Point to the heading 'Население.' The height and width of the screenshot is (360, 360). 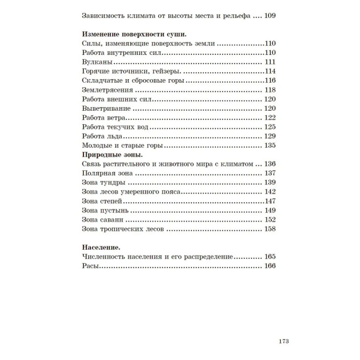tap(101, 247)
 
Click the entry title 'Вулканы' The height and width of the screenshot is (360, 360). tap(97, 62)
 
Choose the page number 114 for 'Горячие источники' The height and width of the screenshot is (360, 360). tap(270, 71)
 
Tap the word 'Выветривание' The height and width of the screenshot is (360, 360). tap(107, 108)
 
